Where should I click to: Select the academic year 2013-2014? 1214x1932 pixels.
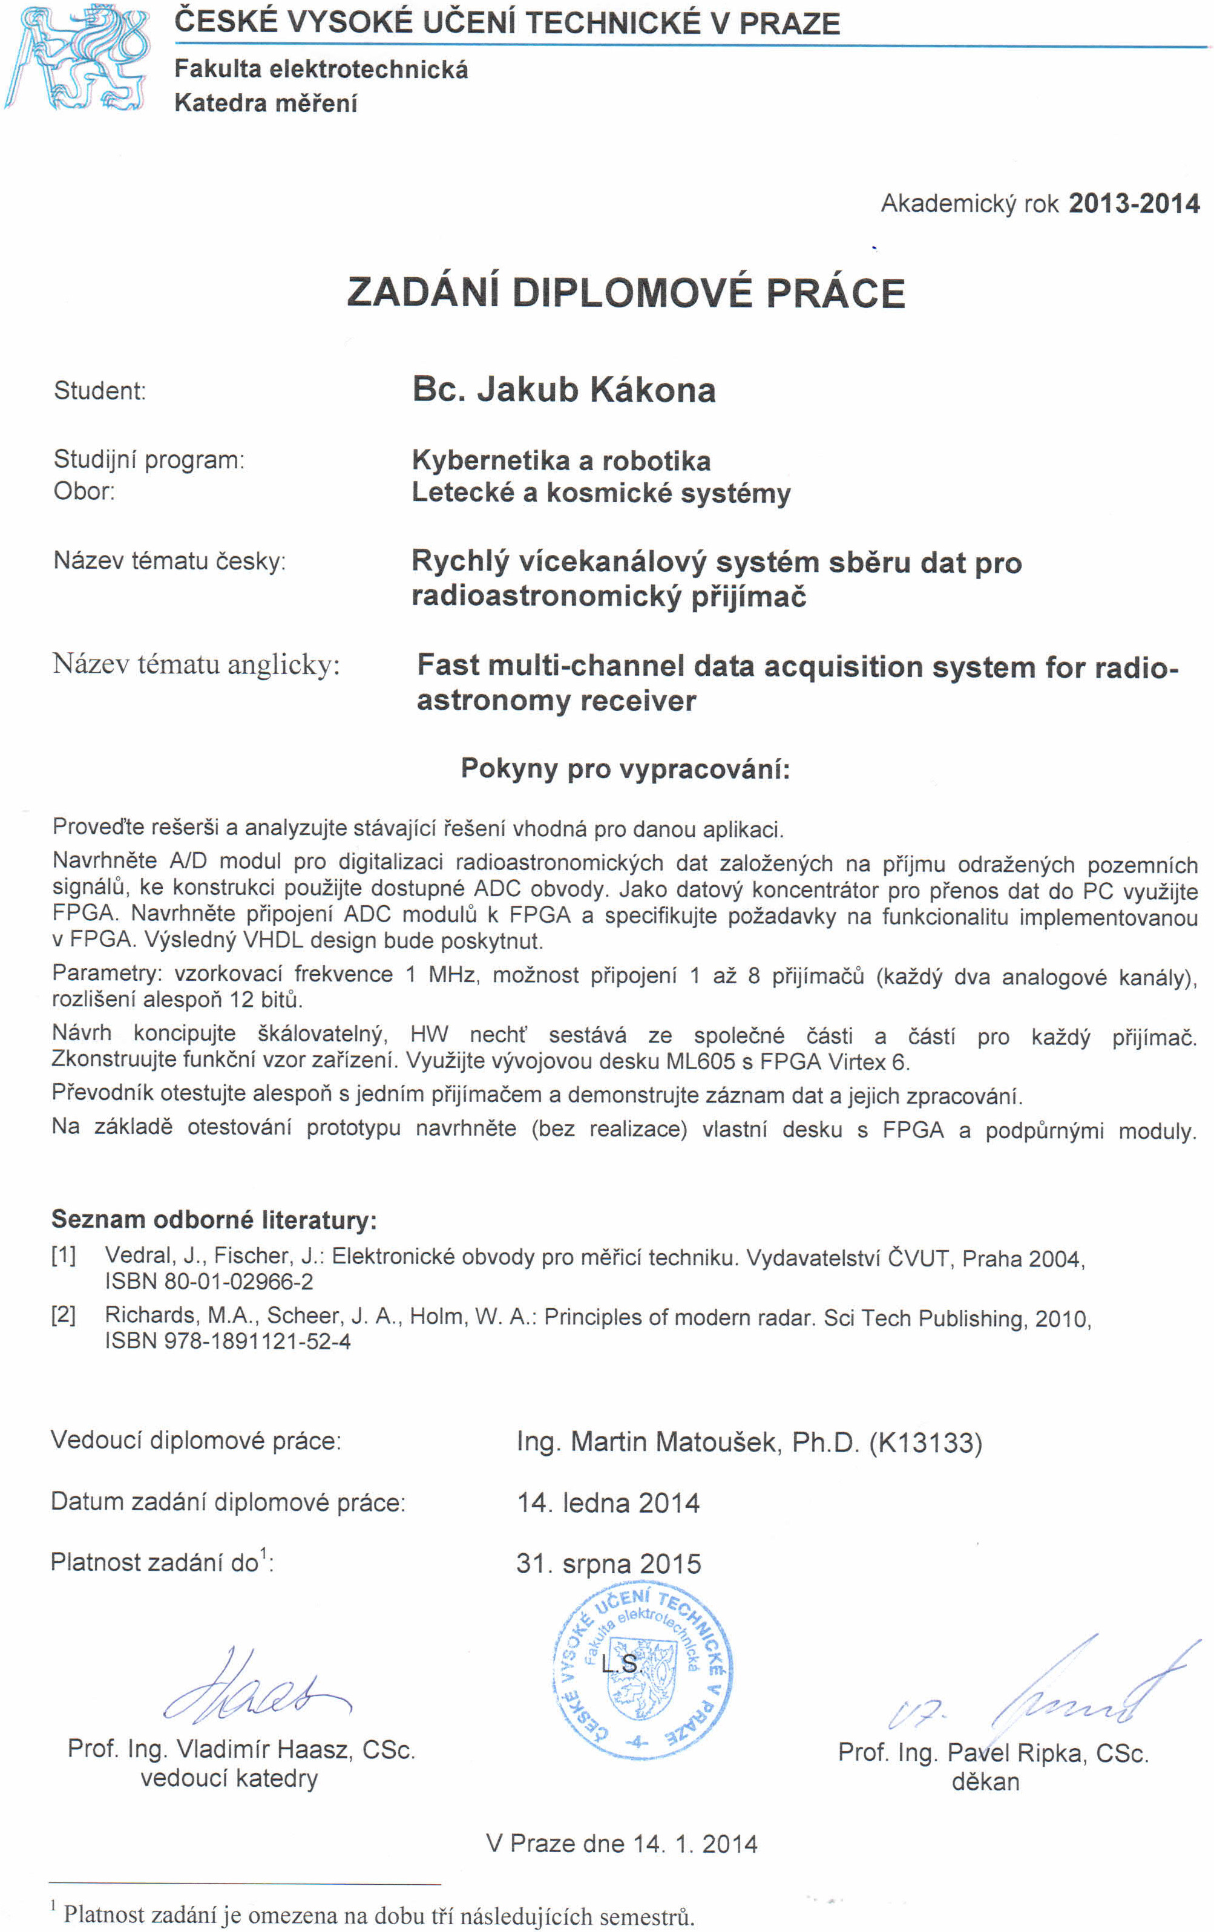tap(1133, 203)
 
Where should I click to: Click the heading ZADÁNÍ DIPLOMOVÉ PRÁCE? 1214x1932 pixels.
tap(626, 292)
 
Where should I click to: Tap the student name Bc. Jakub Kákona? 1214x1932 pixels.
tap(563, 390)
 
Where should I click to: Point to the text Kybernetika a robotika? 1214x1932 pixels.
tap(561, 460)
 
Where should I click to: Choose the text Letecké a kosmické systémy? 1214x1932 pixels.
tap(601, 493)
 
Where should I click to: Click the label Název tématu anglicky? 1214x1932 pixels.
tap(197, 664)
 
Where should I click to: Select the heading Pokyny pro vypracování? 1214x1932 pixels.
tap(625, 768)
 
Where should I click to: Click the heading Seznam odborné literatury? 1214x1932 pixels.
tap(214, 1220)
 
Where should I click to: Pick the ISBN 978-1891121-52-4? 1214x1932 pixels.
tap(228, 1341)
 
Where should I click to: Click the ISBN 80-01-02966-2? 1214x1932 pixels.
tap(209, 1282)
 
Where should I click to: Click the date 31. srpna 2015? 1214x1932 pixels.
tap(608, 1563)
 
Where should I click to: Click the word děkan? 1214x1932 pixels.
tap(985, 1782)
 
